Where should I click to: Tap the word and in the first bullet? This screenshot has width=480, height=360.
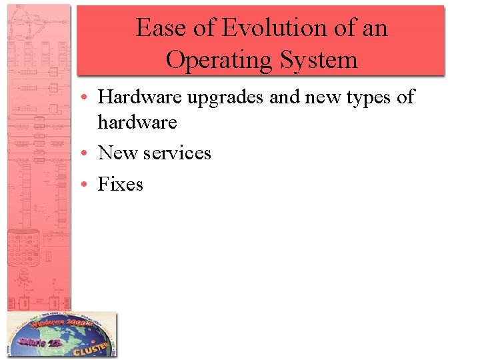click(285, 97)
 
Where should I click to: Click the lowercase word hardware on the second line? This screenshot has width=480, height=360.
click(137, 123)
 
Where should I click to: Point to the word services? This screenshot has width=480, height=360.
click(177, 153)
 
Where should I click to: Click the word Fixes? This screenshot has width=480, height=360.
click(121, 183)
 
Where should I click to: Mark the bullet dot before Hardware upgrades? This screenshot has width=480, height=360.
click(89, 98)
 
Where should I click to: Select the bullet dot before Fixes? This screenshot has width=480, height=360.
click(89, 184)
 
